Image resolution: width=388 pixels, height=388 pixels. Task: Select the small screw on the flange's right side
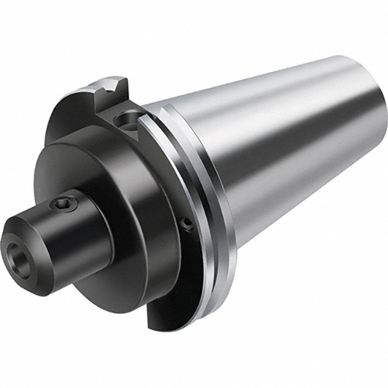click(186, 224)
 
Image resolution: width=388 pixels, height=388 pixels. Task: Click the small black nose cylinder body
click(71, 233)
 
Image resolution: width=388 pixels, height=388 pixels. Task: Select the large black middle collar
click(129, 213)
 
